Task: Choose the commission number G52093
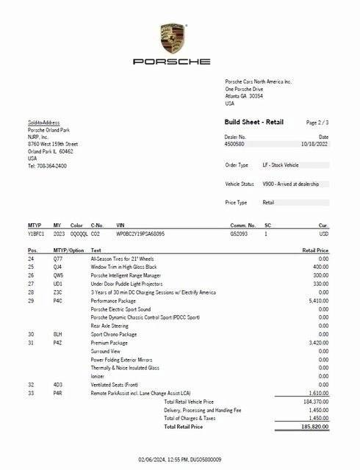(240, 234)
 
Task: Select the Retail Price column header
(314, 250)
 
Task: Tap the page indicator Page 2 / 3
(317, 123)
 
